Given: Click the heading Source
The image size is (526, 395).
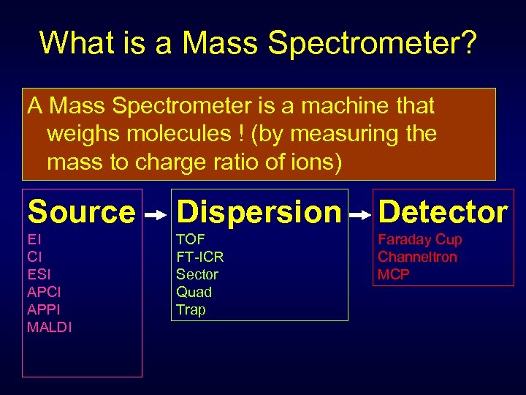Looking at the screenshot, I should [81, 212].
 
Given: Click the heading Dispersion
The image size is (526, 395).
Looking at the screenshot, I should [259, 212].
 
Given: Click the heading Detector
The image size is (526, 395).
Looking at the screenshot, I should [443, 212].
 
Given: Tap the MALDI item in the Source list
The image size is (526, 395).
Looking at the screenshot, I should [50, 327].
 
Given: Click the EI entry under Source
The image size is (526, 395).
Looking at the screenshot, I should [34, 239].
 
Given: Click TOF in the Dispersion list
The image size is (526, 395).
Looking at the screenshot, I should [191, 239].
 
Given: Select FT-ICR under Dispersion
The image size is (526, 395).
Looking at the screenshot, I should [200, 257].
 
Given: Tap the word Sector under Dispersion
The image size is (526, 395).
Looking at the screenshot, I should [197, 274].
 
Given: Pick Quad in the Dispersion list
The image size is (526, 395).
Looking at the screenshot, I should [194, 292].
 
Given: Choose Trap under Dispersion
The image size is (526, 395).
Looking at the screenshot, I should [191, 309].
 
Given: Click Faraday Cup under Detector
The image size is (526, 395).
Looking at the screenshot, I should [419, 239].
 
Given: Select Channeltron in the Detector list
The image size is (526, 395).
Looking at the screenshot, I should [417, 257].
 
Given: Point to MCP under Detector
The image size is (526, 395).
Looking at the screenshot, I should [394, 274].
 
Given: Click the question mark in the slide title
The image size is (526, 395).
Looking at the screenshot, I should [468, 42].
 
